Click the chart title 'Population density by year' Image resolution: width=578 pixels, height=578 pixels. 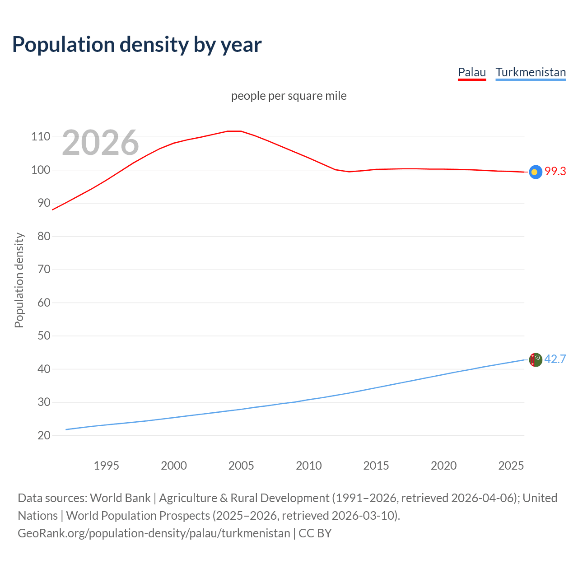tap(137, 45)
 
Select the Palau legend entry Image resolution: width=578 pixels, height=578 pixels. tap(472, 72)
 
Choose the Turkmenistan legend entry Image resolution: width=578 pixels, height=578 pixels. tap(531, 72)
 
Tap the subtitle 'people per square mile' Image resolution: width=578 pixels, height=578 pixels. tap(289, 96)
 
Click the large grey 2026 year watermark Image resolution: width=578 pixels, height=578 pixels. tap(100, 143)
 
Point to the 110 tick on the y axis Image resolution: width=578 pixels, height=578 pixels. tap(41, 137)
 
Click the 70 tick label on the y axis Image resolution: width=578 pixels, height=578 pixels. tap(44, 270)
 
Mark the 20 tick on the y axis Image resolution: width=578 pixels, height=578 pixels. tap(44, 435)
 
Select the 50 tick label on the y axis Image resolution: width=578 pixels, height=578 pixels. tap(44, 336)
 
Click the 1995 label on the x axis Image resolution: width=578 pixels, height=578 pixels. tap(106, 466)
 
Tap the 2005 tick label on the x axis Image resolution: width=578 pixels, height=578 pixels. tap(241, 466)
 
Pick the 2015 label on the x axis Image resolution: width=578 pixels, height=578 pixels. tap(376, 466)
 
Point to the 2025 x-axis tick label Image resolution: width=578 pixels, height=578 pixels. tap(511, 466)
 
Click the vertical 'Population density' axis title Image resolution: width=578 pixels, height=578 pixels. tap(19, 280)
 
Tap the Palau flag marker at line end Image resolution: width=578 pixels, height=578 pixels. tap(535, 172)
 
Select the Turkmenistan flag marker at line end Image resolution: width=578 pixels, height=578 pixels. tap(535, 360)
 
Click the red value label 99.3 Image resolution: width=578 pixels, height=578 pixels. tap(555, 172)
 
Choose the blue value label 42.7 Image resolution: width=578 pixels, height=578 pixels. tap(555, 359)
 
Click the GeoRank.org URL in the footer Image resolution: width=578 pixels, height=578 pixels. tap(154, 533)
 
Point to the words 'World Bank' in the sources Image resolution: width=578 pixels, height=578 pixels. tap(120, 498)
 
